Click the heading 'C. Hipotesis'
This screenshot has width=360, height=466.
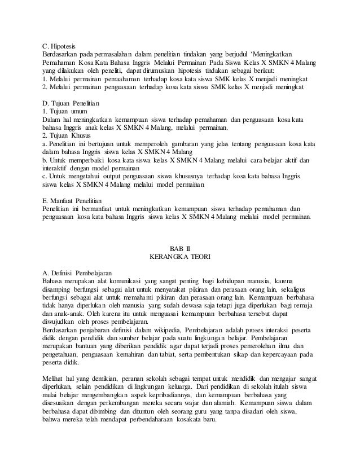pyautogui.click(x=59, y=46)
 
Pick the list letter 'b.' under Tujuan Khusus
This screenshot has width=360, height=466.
pyautogui.click(x=45, y=160)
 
